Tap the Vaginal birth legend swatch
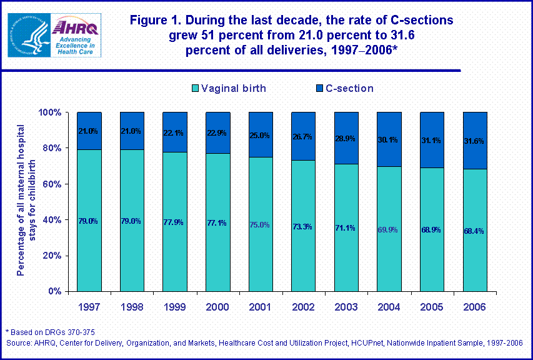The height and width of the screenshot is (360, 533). click(195, 89)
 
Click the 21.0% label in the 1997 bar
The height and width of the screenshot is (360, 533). click(89, 131)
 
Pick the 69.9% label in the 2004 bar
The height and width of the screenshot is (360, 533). click(387, 229)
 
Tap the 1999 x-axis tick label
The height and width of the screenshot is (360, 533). click(174, 307)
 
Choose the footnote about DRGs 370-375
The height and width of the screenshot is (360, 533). click(50, 331)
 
